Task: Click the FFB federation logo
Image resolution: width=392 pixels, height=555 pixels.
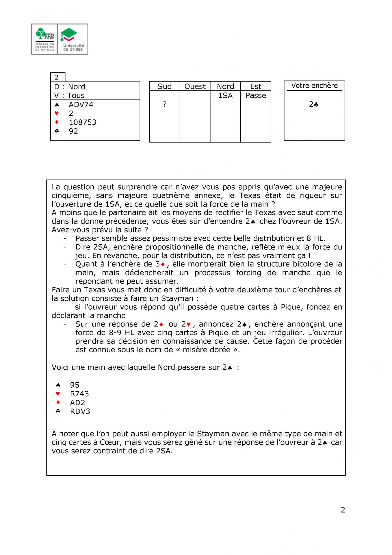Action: click(x=44, y=39)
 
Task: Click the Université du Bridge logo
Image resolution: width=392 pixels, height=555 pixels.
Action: click(x=73, y=39)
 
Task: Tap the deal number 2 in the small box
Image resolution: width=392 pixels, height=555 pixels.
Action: click(x=57, y=77)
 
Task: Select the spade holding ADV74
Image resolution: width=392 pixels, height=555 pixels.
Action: click(x=81, y=105)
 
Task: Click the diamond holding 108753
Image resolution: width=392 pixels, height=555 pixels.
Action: click(x=82, y=122)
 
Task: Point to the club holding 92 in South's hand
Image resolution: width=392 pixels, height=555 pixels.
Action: click(x=73, y=131)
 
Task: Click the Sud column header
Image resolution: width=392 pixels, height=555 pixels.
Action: click(x=164, y=86)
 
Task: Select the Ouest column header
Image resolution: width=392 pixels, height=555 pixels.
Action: click(x=195, y=86)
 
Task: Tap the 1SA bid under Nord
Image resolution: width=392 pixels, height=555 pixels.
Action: click(x=225, y=95)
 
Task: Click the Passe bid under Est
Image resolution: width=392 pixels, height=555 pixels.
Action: click(x=256, y=95)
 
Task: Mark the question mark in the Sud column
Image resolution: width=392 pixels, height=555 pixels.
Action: click(x=165, y=104)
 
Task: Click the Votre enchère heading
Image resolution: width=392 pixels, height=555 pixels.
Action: click(x=314, y=86)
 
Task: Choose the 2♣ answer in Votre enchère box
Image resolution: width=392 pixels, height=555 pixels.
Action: click(x=314, y=104)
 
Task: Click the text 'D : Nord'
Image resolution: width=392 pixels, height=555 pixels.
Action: click(x=70, y=87)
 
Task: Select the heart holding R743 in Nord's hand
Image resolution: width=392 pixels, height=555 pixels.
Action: click(x=79, y=394)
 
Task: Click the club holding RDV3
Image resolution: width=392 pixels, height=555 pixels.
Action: click(x=80, y=411)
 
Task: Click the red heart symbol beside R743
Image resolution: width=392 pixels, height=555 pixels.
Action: click(x=58, y=394)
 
